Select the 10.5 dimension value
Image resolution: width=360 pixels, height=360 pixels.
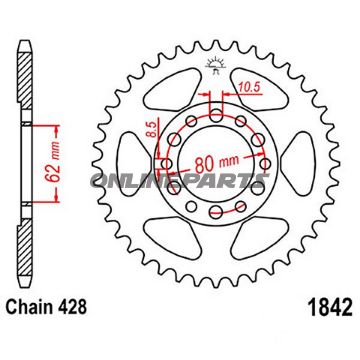pyautogui.click(x=251, y=89)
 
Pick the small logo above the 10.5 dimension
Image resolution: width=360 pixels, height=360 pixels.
pyautogui.click(x=213, y=68)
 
